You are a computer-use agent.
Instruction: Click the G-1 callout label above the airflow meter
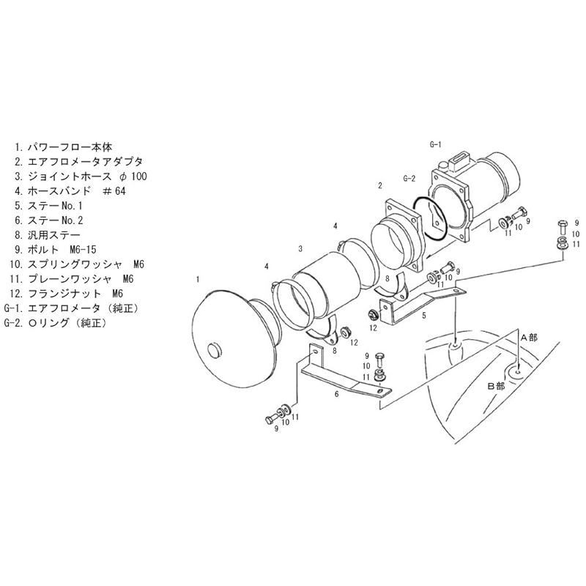[436, 144]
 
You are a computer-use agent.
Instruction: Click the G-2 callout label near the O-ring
[409, 179]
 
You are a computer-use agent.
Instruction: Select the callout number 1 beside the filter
[198, 279]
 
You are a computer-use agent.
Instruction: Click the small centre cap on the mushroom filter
[215, 351]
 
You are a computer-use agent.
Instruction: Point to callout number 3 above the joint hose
[300, 249]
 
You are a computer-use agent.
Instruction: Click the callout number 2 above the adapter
[380, 185]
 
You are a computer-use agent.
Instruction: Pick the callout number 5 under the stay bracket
[424, 316]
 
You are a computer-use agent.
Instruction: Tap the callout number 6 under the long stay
[337, 394]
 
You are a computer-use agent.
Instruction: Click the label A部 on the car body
[529, 338]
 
